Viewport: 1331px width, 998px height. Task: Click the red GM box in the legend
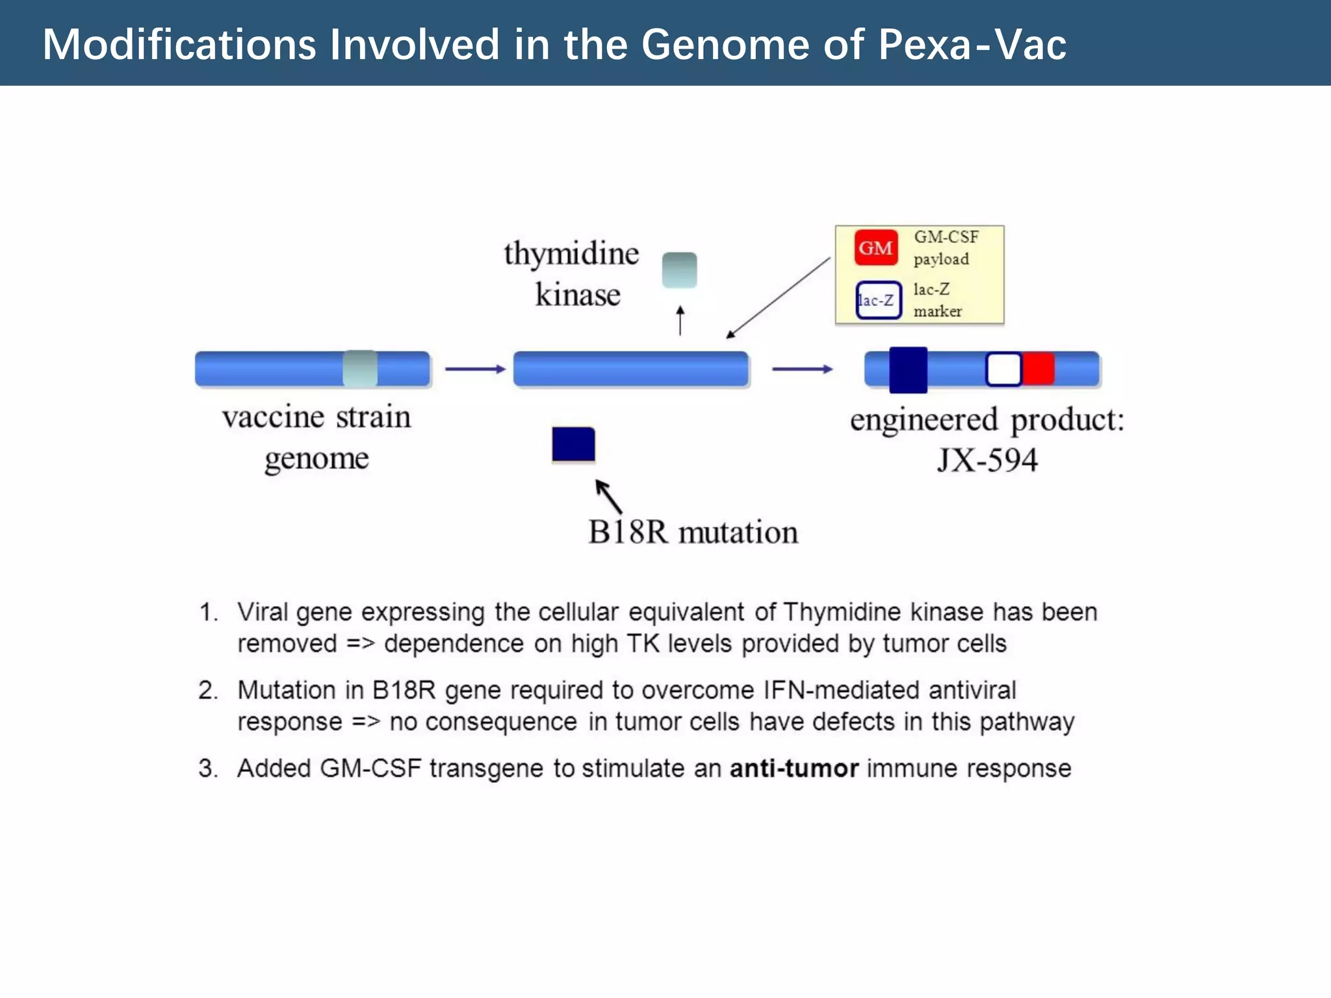coord(875,248)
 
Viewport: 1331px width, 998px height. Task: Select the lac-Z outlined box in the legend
coord(878,300)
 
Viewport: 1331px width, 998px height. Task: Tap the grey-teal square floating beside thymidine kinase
coord(679,270)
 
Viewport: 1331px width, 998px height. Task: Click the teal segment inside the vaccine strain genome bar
coord(360,368)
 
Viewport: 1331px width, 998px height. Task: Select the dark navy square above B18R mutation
coord(573,444)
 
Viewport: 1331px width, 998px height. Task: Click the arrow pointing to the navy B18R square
coord(608,496)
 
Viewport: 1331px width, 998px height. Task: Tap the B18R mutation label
coord(693,531)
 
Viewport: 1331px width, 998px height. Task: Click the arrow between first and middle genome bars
coord(474,369)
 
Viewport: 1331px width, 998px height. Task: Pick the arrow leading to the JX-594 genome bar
coord(802,369)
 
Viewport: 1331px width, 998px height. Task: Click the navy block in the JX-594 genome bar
coord(908,369)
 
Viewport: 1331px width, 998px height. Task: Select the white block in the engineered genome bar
coord(1003,369)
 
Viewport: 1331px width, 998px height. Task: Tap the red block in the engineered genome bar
coord(1038,369)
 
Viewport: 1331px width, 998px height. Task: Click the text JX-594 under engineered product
coord(987,460)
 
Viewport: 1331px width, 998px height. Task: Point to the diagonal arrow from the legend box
coord(777,298)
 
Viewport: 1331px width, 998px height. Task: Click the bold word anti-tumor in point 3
coord(794,768)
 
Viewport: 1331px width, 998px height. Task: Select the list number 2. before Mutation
coord(208,690)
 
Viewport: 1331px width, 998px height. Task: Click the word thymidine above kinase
coord(571,253)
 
